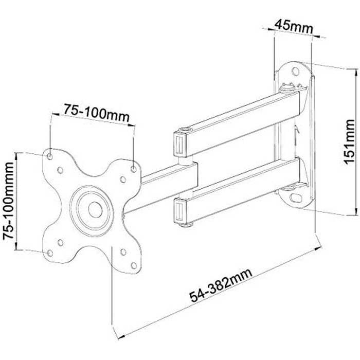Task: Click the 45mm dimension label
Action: (x=294, y=27)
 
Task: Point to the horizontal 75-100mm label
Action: (x=97, y=113)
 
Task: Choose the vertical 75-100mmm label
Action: (x=9, y=201)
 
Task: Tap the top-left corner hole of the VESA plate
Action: (x=50, y=156)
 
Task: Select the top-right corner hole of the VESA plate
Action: (x=133, y=169)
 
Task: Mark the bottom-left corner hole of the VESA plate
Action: (x=49, y=254)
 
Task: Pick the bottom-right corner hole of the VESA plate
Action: (x=133, y=266)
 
